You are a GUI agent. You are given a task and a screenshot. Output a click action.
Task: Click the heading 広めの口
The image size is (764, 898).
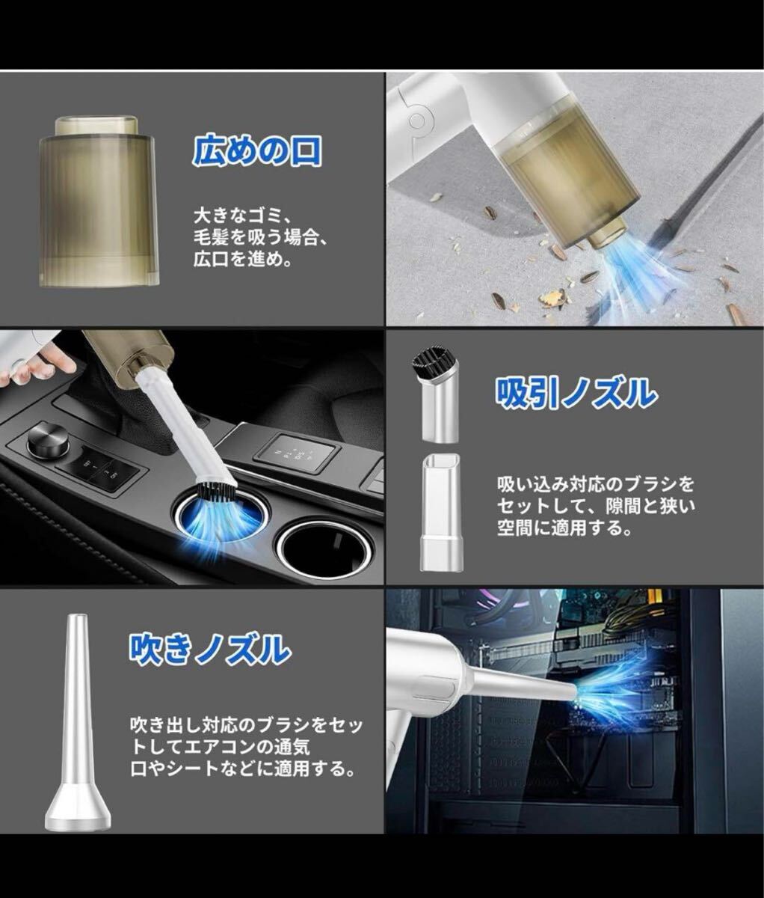257,150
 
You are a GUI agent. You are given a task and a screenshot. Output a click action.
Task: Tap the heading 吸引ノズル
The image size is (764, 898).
576,393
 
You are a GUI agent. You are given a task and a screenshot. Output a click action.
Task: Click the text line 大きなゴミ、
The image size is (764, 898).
244,216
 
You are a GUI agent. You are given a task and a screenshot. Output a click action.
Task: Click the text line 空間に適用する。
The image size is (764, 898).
564,528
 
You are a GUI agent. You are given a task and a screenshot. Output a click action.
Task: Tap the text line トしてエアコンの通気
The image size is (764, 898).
220,747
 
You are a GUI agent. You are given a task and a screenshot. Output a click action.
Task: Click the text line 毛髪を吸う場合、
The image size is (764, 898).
260,238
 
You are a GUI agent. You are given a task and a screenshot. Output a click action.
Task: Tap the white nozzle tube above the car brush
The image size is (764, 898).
182,424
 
